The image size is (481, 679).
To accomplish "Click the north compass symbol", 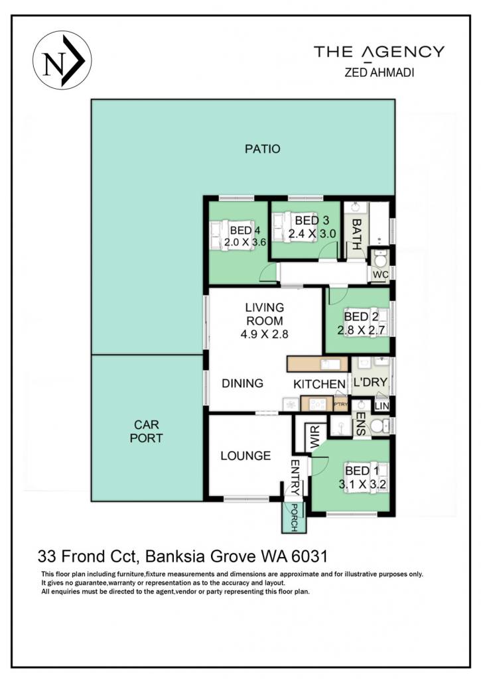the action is pos(62,60).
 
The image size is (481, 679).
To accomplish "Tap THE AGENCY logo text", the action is pos(379,52).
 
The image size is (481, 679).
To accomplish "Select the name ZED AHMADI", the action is pos(379,72).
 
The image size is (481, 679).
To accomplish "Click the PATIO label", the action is pos(263,149).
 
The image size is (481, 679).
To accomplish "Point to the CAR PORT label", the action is pos(147,431).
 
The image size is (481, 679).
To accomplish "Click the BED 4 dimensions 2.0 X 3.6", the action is pos(245,242).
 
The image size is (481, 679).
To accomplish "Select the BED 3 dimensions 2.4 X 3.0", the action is pos(312,233).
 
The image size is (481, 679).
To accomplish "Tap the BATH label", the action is pos(356,234).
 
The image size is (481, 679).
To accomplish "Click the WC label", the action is pos(380,275).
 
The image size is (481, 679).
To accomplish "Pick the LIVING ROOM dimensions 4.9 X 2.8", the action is pos(264,334).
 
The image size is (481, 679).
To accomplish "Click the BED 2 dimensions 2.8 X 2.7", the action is pos(362,330).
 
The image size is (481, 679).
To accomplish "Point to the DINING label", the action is pos(242,383).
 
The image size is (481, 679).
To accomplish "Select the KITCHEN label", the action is pos(319,384).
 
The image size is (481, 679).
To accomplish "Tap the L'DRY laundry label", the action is pos(370,383).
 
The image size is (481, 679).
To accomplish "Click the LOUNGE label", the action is pos(245,456).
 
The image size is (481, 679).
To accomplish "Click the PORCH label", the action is pos(294,518).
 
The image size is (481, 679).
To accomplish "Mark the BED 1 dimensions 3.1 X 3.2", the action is pos(362,484).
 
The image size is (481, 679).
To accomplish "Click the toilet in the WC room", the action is pos(380,259).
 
